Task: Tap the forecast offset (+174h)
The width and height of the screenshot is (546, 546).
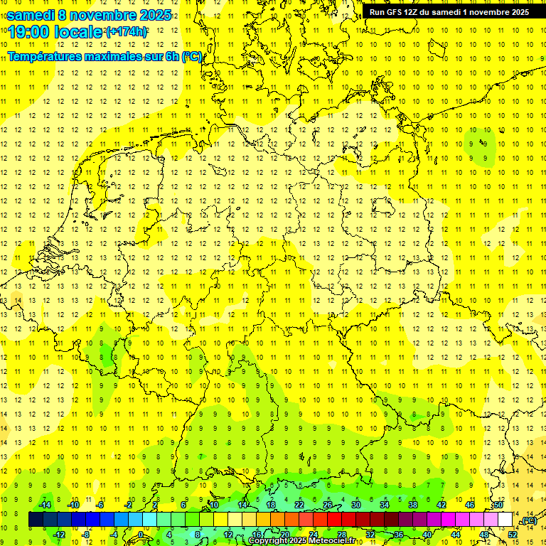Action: pos(127,32)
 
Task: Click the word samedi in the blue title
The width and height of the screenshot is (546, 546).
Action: pos(31,14)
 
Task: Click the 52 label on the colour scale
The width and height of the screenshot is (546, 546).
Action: pos(513,534)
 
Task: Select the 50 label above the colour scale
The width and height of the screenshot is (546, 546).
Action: pos(498,505)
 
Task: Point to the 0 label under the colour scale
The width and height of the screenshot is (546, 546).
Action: pos(141,534)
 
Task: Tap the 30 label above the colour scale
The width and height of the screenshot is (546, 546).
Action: pos(356,505)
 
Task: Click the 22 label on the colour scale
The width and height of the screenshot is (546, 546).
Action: pos(299,505)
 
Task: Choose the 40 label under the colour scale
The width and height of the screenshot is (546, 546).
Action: pos(427,534)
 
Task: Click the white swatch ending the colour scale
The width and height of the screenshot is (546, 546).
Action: pos(505,520)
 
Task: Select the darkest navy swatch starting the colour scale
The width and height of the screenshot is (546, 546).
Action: pos(36,520)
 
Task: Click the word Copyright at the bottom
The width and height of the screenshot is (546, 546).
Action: pos(268,541)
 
